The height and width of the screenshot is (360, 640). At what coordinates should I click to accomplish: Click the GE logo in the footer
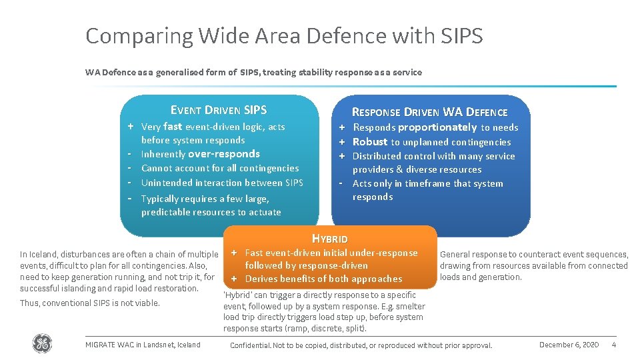[x=42, y=344]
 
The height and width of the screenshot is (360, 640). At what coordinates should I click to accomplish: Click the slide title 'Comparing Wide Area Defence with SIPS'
[x=284, y=36]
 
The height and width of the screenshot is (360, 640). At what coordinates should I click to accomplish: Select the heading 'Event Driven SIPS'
[x=219, y=111]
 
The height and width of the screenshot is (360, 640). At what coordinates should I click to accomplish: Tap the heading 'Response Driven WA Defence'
[x=429, y=112]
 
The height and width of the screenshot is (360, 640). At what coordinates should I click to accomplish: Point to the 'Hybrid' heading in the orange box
[x=330, y=239]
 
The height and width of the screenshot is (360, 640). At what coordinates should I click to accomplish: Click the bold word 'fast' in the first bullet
[x=173, y=127]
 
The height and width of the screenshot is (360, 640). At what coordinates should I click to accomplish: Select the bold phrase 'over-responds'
[x=224, y=154]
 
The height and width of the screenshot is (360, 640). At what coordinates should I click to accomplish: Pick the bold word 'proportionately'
[x=437, y=127]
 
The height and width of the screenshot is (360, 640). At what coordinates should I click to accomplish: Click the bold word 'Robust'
[x=370, y=142]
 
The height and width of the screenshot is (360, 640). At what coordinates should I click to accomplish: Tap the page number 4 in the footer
[x=613, y=345]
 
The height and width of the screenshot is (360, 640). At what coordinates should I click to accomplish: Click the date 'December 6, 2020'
[x=569, y=345]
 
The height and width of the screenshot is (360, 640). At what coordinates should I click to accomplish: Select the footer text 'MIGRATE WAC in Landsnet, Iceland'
[x=143, y=345]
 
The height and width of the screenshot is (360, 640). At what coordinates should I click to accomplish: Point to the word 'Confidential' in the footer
[x=249, y=345]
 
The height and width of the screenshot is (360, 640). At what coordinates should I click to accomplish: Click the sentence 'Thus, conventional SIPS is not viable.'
[x=90, y=303]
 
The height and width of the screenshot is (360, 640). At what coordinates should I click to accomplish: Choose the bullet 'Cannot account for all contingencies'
[x=220, y=169]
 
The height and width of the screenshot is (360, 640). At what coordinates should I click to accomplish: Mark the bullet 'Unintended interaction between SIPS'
[x=222, y=183]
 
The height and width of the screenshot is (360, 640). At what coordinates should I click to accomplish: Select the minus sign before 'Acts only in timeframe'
[x=341, y=184]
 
